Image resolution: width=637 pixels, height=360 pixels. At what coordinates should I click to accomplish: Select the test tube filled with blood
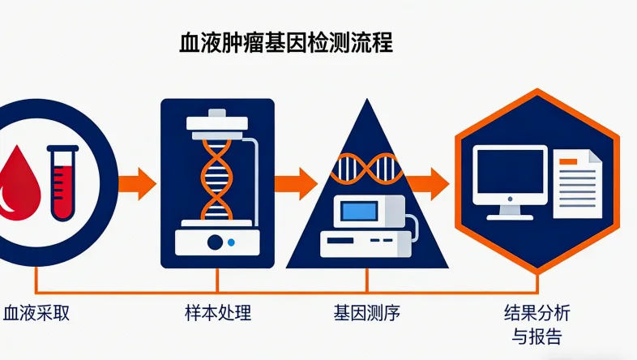[62, 182]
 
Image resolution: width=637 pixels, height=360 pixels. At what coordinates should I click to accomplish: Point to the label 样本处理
[217, 313]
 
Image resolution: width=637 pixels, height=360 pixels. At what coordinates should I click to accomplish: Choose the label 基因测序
[367, 313]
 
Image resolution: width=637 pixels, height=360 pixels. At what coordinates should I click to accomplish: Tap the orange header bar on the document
[573, 162]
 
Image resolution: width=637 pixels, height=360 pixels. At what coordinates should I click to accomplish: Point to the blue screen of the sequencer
[361, 212]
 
